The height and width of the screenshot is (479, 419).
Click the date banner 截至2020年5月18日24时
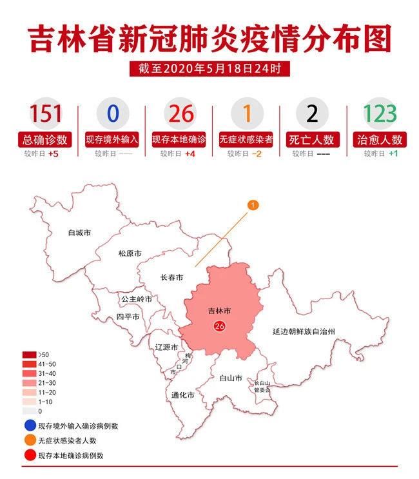[x=209, y=68]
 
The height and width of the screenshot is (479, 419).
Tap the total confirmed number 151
[x=46, y=113]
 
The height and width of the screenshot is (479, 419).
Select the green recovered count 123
[x=379, y=113]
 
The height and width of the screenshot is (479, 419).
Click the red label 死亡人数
[x=312, y=139]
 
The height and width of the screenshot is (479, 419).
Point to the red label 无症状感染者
[x=246, y=139]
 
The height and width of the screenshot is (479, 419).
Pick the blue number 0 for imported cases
[x=113, y=113]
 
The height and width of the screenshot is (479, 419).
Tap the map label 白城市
[x=79, y=232]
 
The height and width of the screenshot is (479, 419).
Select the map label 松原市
[x=129, y=254]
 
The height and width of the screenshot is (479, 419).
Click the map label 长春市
[x=171, y=278]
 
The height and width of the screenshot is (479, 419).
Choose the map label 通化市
[x=182, y=395]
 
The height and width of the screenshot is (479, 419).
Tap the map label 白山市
[x=230, y=378]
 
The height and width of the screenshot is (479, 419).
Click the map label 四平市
[x=128, y=317]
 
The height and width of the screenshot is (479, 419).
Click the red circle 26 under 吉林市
[x=219, y=327]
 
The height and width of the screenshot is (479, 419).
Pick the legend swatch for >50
[x=30, y=355]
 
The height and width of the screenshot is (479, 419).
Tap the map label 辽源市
[x=166, y=347]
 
